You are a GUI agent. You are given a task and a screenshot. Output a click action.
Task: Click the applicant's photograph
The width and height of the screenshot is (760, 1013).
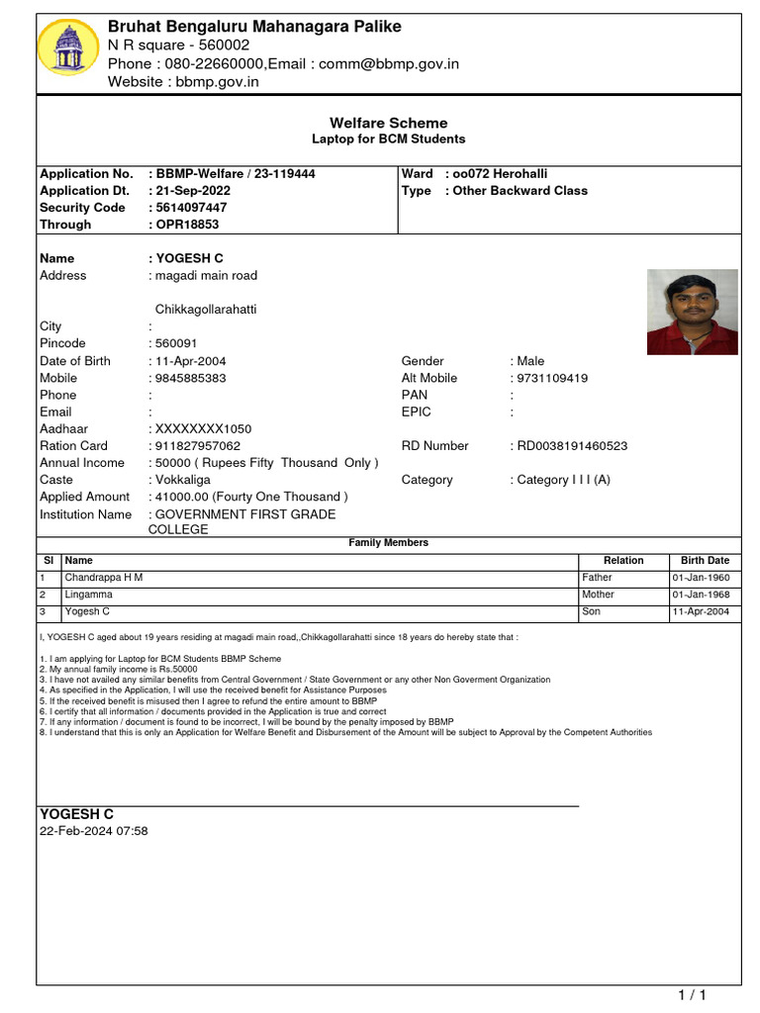pos(692,312)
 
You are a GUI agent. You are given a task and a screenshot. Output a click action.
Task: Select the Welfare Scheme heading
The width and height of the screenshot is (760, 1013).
pos(388,124)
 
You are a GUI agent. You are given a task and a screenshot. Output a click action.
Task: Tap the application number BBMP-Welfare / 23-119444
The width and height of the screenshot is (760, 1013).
pos(236,173)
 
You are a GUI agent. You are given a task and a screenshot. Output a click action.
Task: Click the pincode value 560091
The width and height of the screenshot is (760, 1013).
pos(176,343)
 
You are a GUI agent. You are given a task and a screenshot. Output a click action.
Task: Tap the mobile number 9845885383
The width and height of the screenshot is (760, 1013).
pos(190,378)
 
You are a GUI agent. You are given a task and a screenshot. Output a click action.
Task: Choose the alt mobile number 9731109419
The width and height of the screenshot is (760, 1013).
pos(552,378)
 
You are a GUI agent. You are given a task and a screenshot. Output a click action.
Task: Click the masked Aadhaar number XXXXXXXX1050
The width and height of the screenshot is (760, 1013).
pos(203,429)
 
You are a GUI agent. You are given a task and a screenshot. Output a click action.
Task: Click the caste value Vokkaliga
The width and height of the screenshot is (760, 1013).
pos(183,480)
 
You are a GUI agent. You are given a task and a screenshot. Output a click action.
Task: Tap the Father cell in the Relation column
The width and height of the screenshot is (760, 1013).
pos(597,578)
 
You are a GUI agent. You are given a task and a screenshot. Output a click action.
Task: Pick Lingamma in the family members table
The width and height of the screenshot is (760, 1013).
pos(89,595)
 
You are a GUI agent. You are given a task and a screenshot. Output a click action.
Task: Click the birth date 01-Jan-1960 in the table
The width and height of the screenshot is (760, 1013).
pos(701,578)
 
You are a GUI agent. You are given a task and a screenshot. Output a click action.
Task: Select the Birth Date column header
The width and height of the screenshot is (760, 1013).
pos(705,560)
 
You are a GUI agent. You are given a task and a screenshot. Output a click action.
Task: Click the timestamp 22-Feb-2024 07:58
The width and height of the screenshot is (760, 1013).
pos(94,832)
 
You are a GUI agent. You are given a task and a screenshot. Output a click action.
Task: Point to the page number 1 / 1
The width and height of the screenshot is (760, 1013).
pos(692,995)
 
